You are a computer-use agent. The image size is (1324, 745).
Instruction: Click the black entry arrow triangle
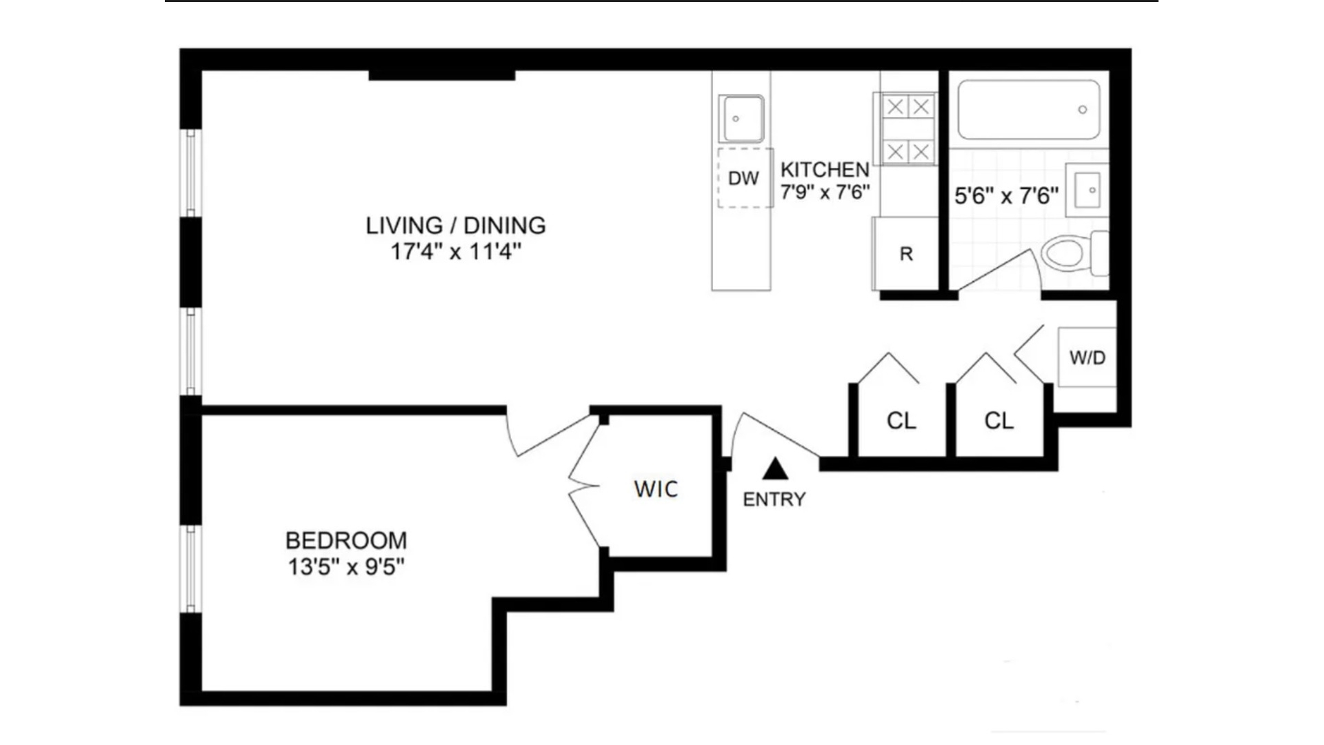775,469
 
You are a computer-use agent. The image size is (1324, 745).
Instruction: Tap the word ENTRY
774,499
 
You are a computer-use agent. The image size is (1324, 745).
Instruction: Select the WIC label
656,489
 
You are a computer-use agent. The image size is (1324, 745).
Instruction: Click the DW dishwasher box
743,178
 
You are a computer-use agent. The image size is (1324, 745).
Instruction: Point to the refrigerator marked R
906,254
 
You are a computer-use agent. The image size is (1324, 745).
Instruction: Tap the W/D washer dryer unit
1087,357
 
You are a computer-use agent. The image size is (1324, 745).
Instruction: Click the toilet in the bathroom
1069,253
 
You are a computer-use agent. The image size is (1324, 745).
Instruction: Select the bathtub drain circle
1083,110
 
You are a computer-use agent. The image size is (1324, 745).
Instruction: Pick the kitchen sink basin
741,119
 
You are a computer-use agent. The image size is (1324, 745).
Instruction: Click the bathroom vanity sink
1087,190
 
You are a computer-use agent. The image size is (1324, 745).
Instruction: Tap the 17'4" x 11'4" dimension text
456,252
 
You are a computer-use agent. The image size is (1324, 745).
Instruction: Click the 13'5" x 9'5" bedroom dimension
346,567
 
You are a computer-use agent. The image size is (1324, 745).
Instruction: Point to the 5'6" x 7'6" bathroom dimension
1006,196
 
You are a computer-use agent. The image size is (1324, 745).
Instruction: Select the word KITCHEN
825,170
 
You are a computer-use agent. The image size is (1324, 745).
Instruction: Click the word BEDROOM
346,540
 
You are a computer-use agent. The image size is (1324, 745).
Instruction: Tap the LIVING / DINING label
456,226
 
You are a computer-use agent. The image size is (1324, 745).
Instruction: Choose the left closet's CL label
901,421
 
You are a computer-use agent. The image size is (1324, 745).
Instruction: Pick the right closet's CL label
999,421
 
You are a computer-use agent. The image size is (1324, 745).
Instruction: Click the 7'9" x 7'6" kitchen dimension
825,192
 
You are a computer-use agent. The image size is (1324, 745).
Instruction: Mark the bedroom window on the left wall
190,569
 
